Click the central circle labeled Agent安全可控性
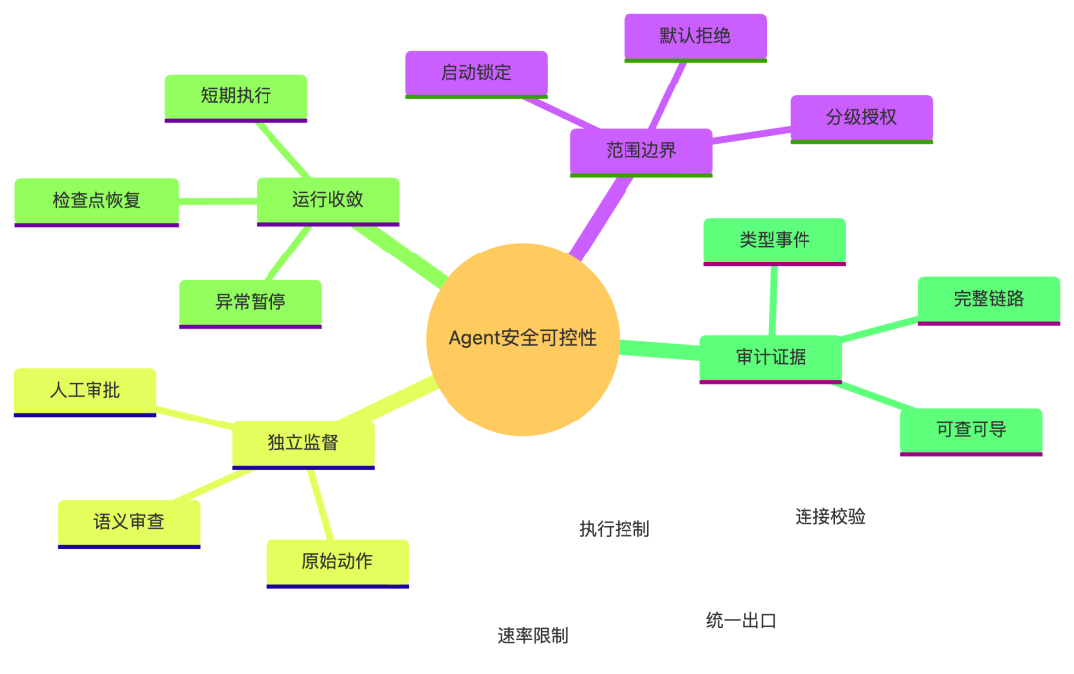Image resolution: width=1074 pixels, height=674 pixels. [523, 339]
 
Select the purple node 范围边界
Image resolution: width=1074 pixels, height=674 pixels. [641, 152]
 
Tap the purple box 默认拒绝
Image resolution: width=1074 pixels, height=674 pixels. [695, 38]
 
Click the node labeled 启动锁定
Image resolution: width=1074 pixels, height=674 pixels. [476, 74]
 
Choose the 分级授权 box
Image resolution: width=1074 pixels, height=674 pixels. [861, 119]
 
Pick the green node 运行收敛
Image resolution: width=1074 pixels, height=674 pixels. [327, 201]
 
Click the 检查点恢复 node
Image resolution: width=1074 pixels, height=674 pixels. [96, 202]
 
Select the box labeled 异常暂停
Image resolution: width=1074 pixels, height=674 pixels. [251, 304]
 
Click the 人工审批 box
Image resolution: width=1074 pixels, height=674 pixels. [85, 392]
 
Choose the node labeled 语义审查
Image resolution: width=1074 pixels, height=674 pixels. [128, 524]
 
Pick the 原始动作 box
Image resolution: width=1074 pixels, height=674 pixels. [337, 563]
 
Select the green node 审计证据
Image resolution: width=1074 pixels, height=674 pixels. [771, 359]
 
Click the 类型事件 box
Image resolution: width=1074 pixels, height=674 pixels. [775, 242]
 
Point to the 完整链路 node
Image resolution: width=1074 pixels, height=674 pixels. [989, 300]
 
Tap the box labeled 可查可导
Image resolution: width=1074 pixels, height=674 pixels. [972, 431]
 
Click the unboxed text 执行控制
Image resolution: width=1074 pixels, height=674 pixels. [615, 529]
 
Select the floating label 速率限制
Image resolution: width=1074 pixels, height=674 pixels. [533, 636]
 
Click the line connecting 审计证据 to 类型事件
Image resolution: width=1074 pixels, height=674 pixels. [773, 300]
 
